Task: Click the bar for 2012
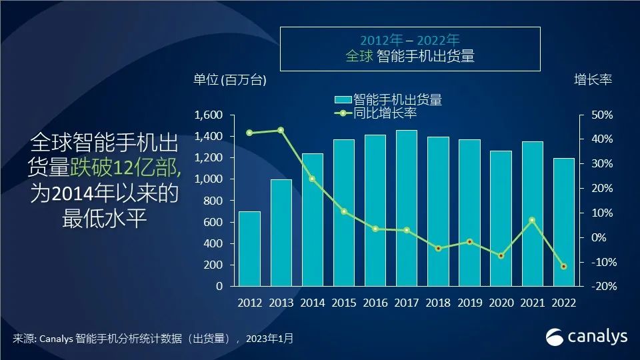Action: [249, 249]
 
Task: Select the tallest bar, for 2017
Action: [407, 208]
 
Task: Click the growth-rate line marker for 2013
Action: [281, 130]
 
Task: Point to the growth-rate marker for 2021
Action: [532, 220]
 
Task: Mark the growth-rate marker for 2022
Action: [563, 267]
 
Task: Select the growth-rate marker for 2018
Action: [438, 249]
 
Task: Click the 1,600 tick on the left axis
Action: [208, 115]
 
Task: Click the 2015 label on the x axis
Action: [343, 302]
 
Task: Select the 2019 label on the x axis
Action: [469, 302]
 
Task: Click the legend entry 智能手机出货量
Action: [397, 100]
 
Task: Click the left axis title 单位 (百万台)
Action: [230, 80]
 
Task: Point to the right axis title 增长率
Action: [593, 80]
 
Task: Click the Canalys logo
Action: [587, 337]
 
